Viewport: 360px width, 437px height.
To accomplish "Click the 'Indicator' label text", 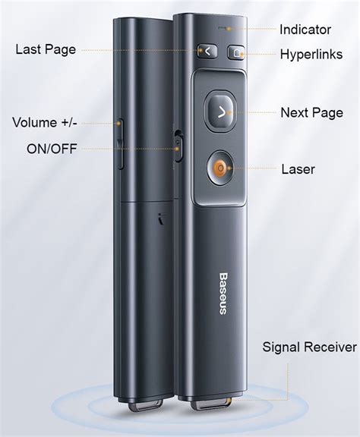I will pos(305,30).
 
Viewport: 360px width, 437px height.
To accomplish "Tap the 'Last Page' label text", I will pos(46,50).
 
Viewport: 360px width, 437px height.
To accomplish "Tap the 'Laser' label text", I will pos(298,169).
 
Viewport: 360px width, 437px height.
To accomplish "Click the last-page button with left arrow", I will pos(205,52).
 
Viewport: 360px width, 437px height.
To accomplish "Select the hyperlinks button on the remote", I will pos(237,52).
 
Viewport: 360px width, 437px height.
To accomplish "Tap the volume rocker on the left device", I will pos(121,142).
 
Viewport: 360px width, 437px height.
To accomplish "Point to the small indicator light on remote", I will pos(220,29).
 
